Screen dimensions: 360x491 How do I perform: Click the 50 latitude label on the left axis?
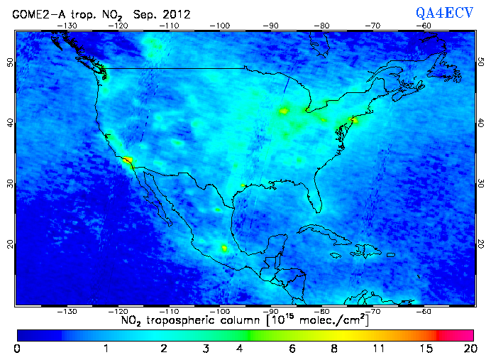9,62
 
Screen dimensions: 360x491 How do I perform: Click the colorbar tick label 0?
17,348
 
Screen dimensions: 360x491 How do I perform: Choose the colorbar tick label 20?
468,348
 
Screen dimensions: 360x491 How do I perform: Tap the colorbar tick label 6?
292,348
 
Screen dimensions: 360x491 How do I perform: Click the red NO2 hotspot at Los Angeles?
127,160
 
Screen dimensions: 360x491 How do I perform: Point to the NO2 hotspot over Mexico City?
224,248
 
